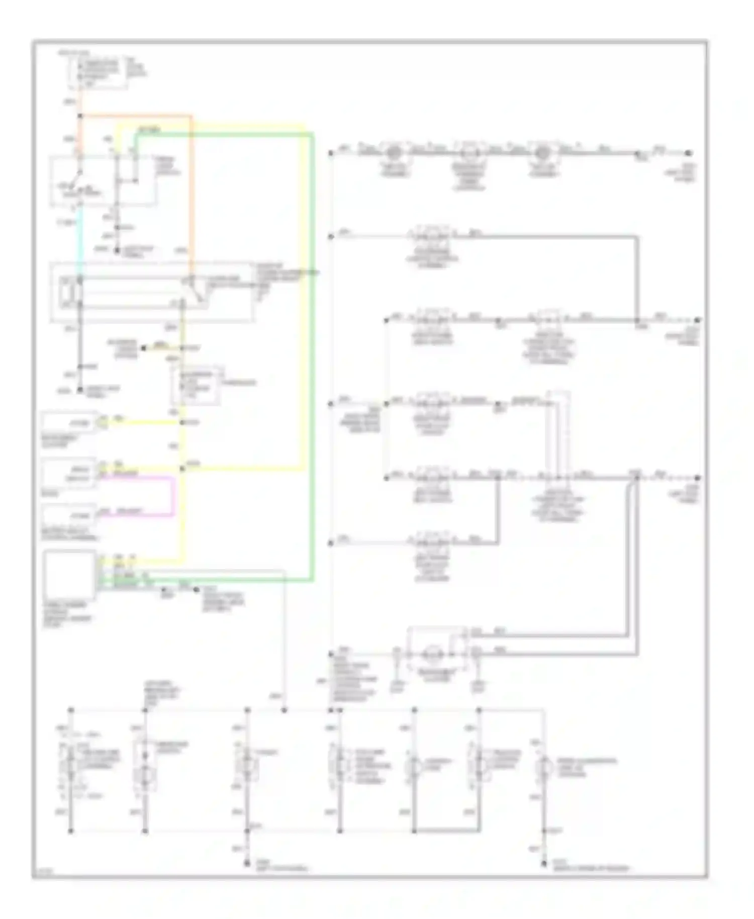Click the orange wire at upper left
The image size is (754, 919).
pyautogui.click(x=192, y=191)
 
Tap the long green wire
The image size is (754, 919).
pyautogui.click(x=312, y=352)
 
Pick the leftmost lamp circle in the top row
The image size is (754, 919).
pyautogui.click(x=395, y=152)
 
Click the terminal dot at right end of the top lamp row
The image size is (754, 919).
pyautogui.click(x=689, y=153)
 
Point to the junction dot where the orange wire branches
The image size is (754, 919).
pyautogui.click(x=80, y=117)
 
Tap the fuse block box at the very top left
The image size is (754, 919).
pyautogui.click(x=98, y=72)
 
